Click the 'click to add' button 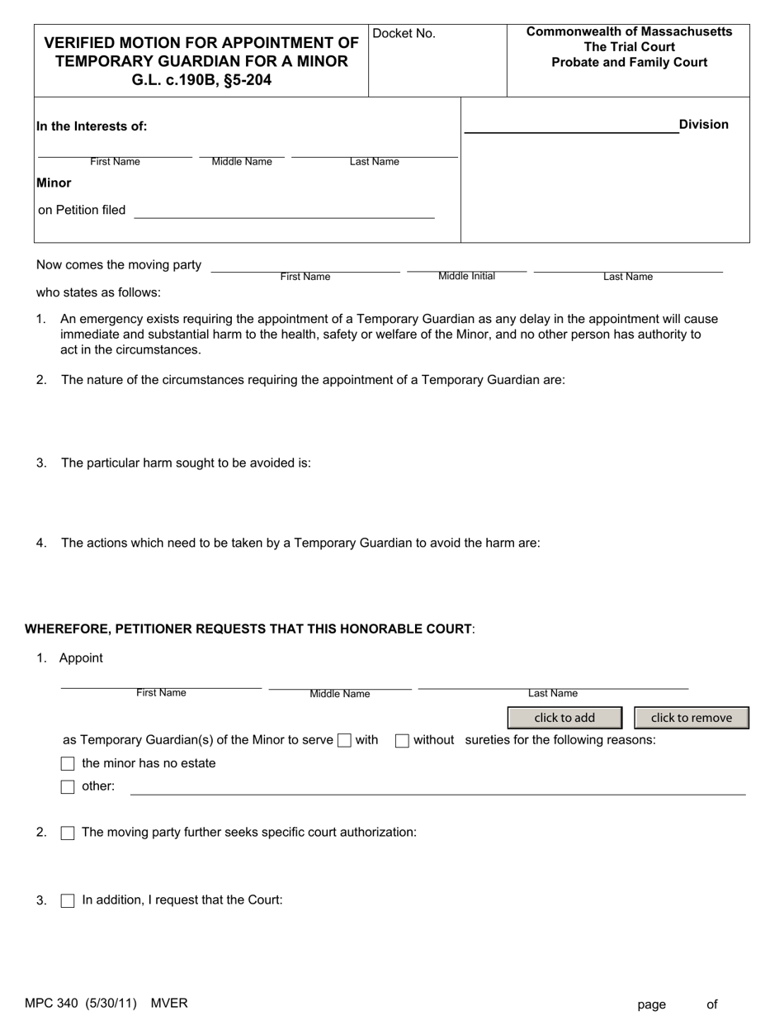[x=564, y=718]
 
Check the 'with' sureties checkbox [x=345, y=741]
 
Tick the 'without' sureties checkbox [x=402, y=741]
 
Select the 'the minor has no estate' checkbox [x=68, y=764]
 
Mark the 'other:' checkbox [x=68, y=787]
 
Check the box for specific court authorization [x=68, y=833]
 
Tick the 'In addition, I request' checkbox [x=68, y=901]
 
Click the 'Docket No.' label [x=404, y=34]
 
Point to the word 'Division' [x=703, y=125]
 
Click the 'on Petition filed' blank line [x=284, y=211]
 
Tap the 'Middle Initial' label [x=466, y=276]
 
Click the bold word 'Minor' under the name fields [x=54, y=183]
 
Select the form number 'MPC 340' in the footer [x=51, y=1004]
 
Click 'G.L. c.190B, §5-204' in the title [x=201, y=81]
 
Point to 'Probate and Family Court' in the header [x=629, y=63]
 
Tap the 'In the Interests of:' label [x=92, y=126]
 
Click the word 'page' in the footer [x=651, y=1004]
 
